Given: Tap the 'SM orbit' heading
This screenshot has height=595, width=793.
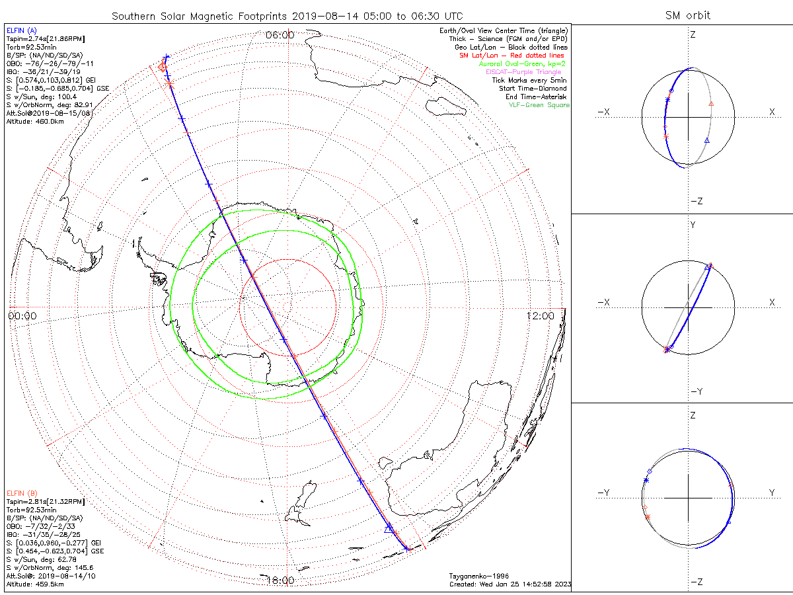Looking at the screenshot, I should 689,16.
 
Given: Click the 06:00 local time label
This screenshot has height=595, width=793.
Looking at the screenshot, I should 280,35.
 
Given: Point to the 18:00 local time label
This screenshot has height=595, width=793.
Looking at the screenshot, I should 280,580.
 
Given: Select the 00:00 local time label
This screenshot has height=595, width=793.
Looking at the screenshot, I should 22,316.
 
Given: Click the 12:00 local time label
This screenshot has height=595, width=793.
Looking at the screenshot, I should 541,316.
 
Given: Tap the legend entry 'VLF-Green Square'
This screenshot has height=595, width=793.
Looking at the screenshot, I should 539,105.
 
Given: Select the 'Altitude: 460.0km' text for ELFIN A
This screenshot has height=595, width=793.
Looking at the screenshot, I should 35,122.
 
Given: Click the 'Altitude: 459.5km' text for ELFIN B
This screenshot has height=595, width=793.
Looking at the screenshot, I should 35,584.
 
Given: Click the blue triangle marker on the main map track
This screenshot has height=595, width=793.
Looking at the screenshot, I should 389,529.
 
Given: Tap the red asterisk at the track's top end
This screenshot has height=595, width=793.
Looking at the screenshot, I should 169,83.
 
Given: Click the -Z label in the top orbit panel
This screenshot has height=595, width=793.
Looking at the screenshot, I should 696,201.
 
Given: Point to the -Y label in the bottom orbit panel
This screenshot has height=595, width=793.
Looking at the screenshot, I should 604,493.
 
